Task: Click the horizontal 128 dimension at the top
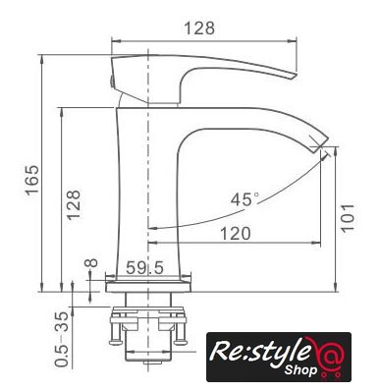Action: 199,28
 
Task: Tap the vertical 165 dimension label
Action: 32,180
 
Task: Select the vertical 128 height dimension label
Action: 73,204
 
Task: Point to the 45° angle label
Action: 244,199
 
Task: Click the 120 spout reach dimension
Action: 236,234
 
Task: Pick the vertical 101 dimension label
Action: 348,217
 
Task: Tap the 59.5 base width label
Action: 144,268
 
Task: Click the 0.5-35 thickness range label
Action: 62,339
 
